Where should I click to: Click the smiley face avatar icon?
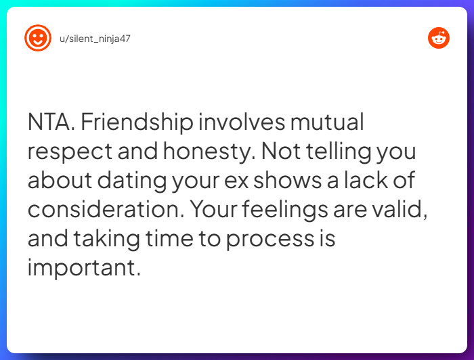click(38, 38)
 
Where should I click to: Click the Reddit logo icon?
click(439, 38)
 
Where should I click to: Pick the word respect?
click(68, 152)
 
